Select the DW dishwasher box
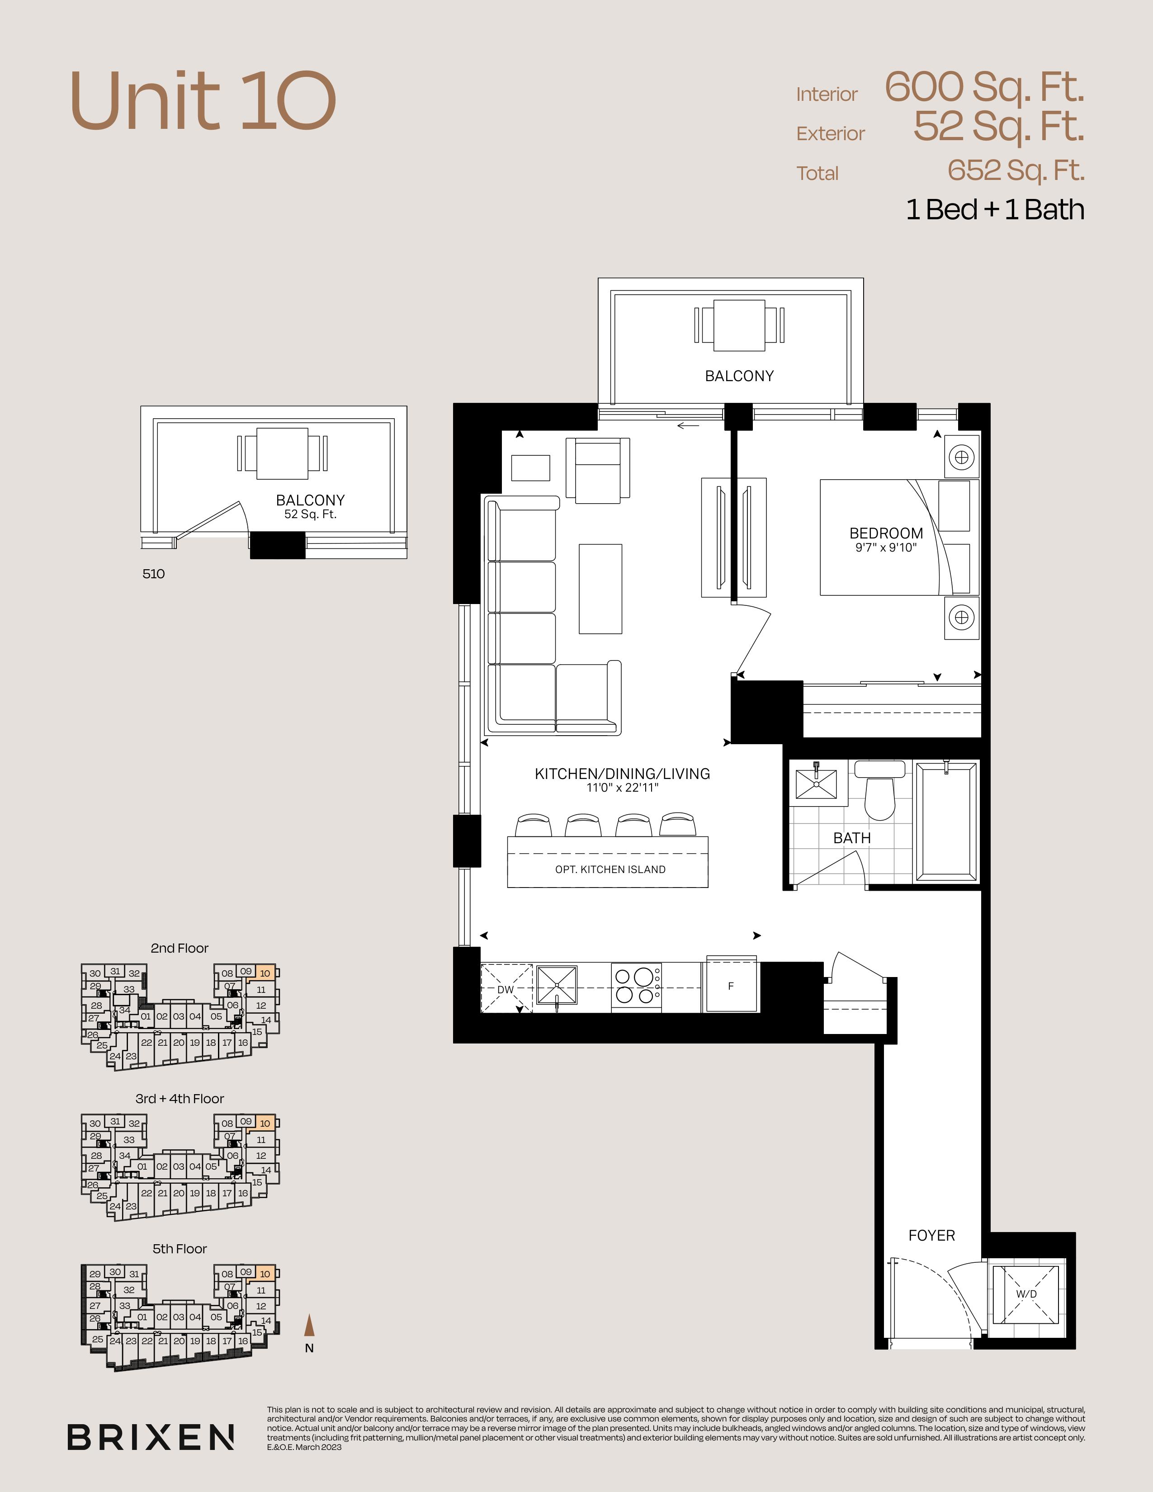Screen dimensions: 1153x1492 click(x=506, y=988)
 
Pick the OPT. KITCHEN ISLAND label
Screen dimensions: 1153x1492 click(x=610, y=869)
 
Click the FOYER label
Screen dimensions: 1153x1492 click(x=932, y=1235)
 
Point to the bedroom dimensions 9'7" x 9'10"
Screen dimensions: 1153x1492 click(x=886, y=548)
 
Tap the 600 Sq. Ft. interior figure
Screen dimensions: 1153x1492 click(x=984, y=87)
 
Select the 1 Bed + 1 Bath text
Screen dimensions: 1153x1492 click(x=995, y=210)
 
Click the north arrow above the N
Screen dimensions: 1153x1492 click(x=309, y=1325)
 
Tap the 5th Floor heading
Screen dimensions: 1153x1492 click(x=180, y=1249)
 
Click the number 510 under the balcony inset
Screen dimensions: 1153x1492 click(x=154, y=574)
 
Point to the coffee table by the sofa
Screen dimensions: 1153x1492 click(x=600, y=589)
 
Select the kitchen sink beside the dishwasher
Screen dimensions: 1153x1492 click(x=557, y=986)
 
